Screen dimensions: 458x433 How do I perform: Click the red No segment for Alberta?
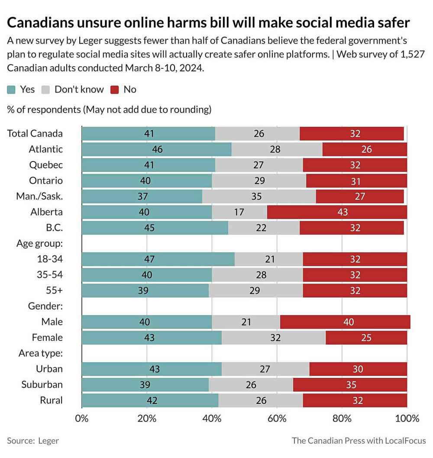pyautogui.click(x=337, y=212)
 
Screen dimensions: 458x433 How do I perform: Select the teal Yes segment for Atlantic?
pyautogui.click(x=156, y=149)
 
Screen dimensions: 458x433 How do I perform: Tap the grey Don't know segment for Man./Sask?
pyautogui.click(x=259, y=197)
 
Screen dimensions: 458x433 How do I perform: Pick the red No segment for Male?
pyautogui.click(x=345, y=322)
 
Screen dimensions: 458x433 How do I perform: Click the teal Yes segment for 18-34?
pyautogui.click(x=158, y=259)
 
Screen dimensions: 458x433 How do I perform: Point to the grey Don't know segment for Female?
pyautogui.click(x=273, y=338)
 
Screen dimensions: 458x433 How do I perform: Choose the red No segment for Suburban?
pyautogui.click(x=350, y=385)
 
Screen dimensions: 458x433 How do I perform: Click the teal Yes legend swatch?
pyautogui.click(x=12, y=90)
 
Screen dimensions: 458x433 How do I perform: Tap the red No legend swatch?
pyautogui.click(x=115, y=90)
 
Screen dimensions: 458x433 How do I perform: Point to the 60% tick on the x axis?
pyautogui.click(x=277, y=419)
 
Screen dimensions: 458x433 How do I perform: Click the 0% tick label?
pyautogui.click(x=82, y=419)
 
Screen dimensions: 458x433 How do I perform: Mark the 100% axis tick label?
pyautogui.click(x=407, y=419)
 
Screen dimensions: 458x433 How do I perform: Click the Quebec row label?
pyautogui.click(x=46, y=165)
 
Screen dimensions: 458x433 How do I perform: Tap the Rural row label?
pyautogui.click(x=51, y=400)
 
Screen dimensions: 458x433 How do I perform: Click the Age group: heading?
pyautogui.click(x=39, y=243)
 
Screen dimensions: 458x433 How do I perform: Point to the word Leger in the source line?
pyautogui.click(x=48, y=441)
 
